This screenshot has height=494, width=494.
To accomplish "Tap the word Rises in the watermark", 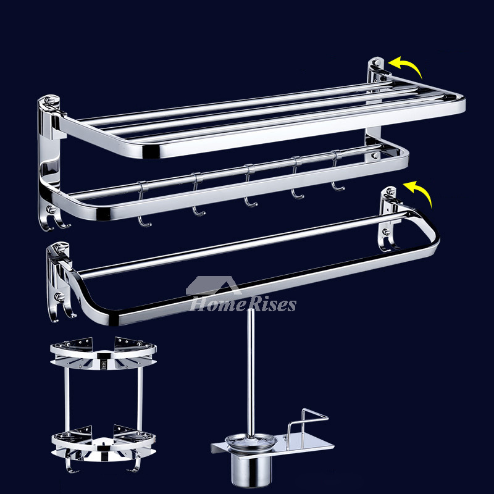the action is click(x=272, y=304).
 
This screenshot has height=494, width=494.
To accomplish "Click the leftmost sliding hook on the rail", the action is click(x=143, y=204).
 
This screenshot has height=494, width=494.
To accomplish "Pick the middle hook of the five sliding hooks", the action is click(x=250, y=186).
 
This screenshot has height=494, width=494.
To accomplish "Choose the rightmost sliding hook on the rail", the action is click(x=337, y=171).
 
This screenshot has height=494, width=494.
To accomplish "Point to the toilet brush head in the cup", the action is click(x=251, y=439).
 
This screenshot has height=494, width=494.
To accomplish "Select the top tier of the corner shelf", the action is click(x=103, y=353).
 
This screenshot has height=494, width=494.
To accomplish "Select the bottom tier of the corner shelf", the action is click(x=104, y=443).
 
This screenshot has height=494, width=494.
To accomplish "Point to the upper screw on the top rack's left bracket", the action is click(x=50, y=101).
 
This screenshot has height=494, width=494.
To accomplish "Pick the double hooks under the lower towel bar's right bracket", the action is click(x=390, y=241).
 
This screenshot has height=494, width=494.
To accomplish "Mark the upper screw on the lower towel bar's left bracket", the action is click(x=57, y=249).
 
